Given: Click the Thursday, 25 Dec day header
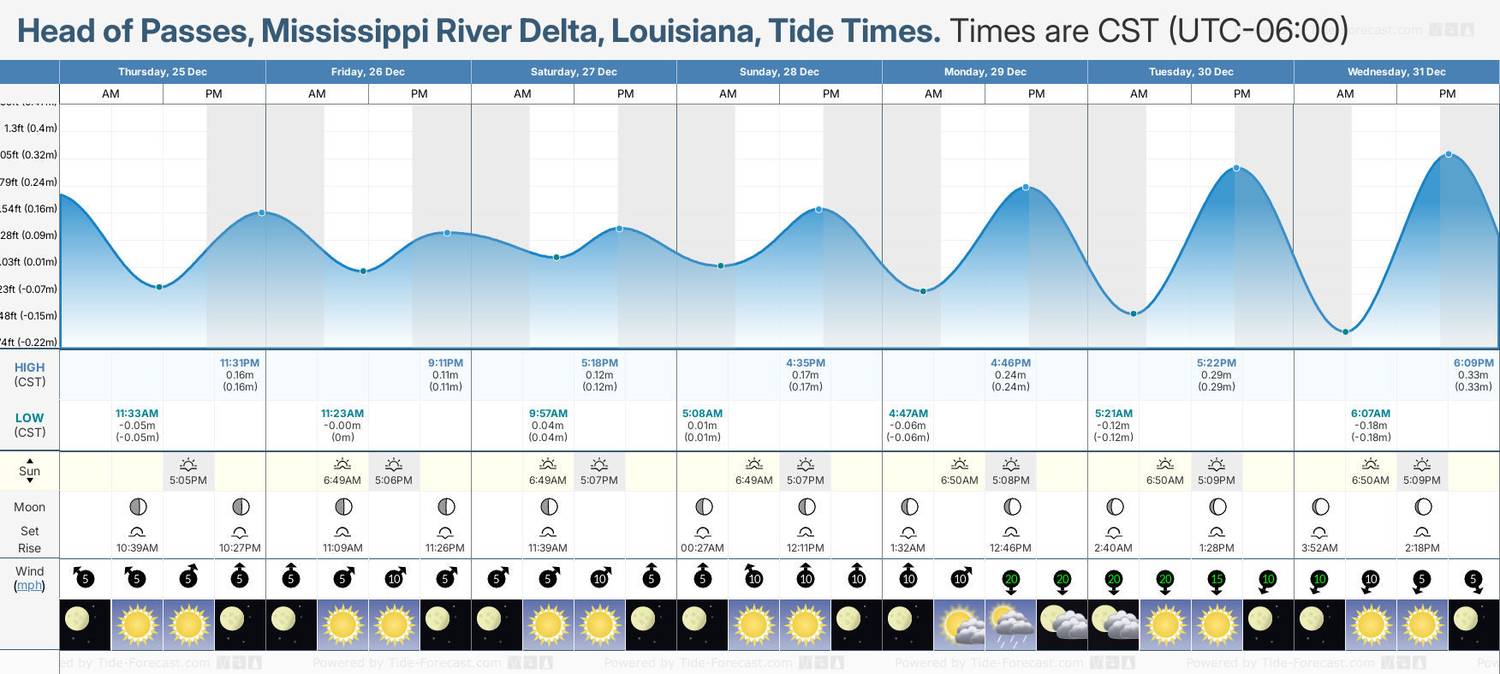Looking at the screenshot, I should [x=163, y=72].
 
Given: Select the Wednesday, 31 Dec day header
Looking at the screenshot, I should [x=1396, y=72].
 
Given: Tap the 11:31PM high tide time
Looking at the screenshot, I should [x=240, y=363].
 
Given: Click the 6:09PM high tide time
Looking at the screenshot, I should [x=1473, y=363].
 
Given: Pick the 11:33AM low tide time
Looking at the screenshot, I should [x=137, y=414].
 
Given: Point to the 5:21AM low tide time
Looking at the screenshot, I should [x=1113, y=414].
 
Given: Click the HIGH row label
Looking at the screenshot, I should [x=29, y=367].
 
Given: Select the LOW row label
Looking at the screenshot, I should [x=29, y=418].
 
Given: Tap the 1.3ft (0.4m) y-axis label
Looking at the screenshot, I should [x=31, y=128].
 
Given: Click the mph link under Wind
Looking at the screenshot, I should [x=29, y=586].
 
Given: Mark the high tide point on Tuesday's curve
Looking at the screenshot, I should [x=1236, y=168].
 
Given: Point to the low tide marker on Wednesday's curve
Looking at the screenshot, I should [x=1346, y=331].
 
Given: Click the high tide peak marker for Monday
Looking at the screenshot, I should [x=1026, y=188].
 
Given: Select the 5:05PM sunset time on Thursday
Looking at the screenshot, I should [x=188, y=480].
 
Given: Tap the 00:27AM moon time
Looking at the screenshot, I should [x=702, y=548].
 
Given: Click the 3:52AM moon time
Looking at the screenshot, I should [x=1319, y=548].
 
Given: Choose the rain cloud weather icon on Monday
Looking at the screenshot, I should [x=1011, y=624].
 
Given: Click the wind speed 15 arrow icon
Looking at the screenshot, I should [x=1217, y=580].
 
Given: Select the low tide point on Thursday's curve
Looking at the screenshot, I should [x=159, y=287].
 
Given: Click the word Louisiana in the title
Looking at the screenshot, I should [x=685, y=31].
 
